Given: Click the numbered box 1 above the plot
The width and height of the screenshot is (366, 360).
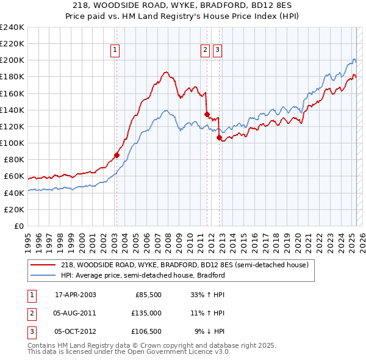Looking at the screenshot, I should (115, 51).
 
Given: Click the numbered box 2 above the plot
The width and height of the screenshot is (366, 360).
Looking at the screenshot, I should (206, 51).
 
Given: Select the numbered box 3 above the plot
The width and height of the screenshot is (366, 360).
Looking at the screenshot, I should (218, 51).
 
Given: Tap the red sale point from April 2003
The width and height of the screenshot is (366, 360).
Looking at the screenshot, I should (117, 155).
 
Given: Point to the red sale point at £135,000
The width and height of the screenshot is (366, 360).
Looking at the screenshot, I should (207, 114).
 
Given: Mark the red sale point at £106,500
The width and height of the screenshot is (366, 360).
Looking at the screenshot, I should (219, 138).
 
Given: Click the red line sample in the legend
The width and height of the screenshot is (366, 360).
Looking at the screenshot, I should (43, 265).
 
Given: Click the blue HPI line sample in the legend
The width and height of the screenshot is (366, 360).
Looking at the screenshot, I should (43, 275).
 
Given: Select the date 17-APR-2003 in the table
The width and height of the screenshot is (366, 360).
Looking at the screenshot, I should (75, 295).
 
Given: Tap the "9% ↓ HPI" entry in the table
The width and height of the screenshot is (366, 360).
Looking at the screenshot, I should (210, 331).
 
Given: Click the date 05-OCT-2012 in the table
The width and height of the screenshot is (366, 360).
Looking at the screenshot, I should (75, 331).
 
